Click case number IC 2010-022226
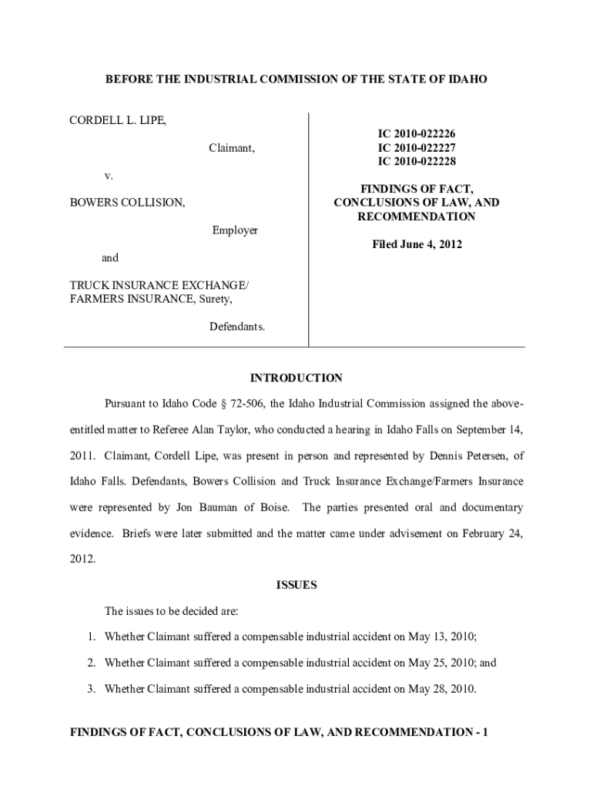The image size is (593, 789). [x=417, y=133]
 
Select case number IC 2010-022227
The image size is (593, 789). [x=417, y=147]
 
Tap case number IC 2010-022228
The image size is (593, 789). [x=417, y=161]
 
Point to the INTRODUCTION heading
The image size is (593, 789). [x=296, y=378]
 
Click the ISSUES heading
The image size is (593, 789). [x=296, y=585]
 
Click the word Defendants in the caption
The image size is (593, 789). [x=237, y=327]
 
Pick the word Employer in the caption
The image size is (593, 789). [x=235, y=230]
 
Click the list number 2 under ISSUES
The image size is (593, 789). [x=90, y=663]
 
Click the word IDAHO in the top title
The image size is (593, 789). [x=467, y=79]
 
